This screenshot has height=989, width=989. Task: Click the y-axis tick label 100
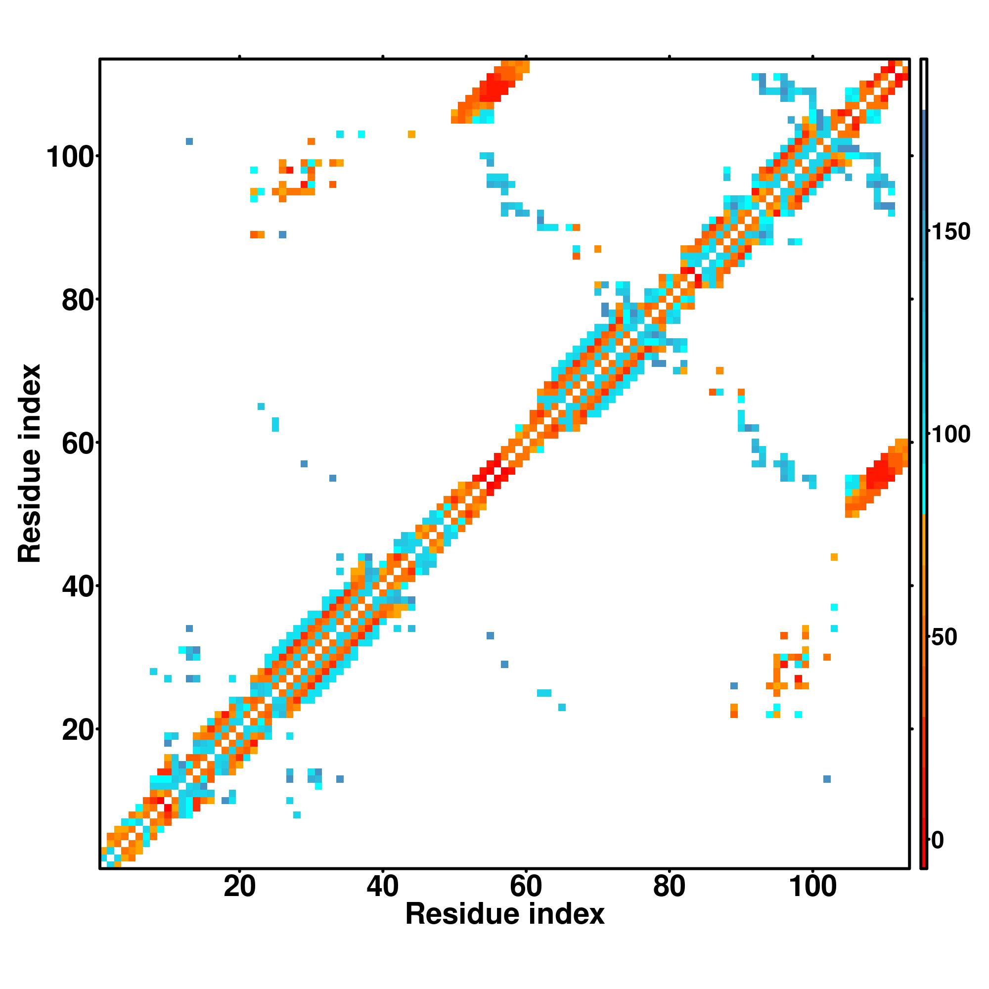click(x=72, y=157)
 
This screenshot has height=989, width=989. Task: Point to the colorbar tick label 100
click(x=950, y=435)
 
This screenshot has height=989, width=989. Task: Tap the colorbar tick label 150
click(x=950, y=232)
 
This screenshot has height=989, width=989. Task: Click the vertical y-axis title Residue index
click(x=29, y=463)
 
